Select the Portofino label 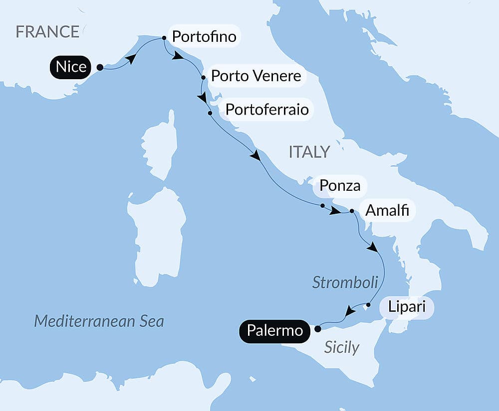pos(204,36)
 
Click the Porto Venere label pos(256,76)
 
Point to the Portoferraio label pos(267,109)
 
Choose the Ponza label pos(340,186)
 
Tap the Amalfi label pos(387,211)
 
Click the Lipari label pos(407,306)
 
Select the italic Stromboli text pos(345,282)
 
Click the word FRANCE pos(47,32)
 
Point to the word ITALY pos(309,152)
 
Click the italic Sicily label pos(341,347)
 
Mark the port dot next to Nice pos(100,67)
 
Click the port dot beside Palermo pos(317,328)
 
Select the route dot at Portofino pos(164,38)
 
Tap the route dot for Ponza pos(322,205)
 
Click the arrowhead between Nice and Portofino pos(130,59)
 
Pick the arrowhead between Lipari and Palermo pos(350,312)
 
